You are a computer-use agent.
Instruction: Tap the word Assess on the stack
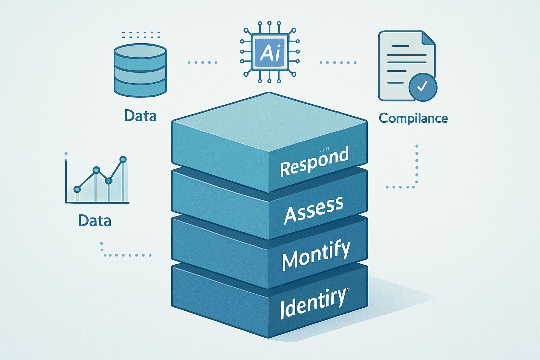pyautogui.click(x=314, y=210)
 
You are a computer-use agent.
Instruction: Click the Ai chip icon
pyautogui.click(x=269, y=52)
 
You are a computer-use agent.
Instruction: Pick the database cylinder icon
pyautogui.click(x=140, y=70)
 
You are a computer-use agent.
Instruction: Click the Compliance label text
pyautogui.click(x=413, y=118)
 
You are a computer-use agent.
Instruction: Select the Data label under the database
pyautogui.click(x=140, y=116)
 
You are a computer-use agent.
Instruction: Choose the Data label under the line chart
pyautogui.click(x=95, y=221)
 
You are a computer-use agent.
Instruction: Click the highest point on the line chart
pyautogui.click(x=123, y=160)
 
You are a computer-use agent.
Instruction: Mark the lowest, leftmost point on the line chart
pyautogui.click(x=77, y=189)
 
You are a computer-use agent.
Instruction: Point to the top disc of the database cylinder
pyautogui.click(x=140, y=51)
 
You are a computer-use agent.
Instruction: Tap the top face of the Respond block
pyautogui.click(x=269, y=121)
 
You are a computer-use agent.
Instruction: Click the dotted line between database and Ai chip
pyautogui.click(x=202, y=63)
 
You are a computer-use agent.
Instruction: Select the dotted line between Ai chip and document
pyautogui.click(x=338, y=63)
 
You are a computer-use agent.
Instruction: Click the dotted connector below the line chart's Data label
pyautogui.click(x=123, y=254)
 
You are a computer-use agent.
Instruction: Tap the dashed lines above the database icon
pyautogui.click(x=140, y=34)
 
